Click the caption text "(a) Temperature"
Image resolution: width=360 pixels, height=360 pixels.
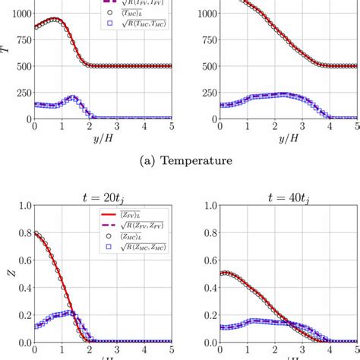[179, 160]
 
